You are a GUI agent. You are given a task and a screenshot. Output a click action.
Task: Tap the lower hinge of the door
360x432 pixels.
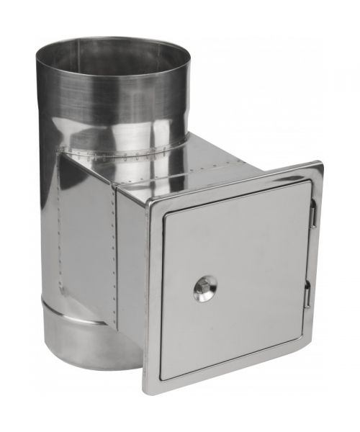point(307,294)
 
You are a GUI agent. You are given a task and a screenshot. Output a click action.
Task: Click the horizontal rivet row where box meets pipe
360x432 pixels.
point(122,155)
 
